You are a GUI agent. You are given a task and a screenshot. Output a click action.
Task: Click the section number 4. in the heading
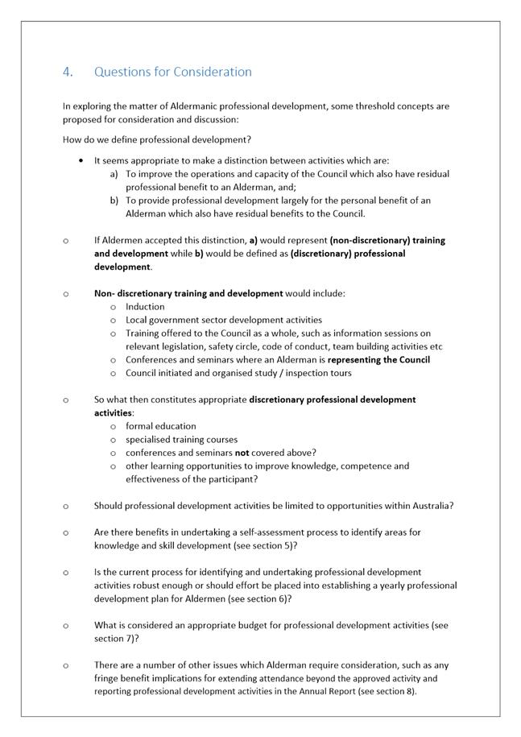[68, 72]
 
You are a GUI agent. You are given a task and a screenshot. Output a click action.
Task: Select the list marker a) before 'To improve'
[114, 174]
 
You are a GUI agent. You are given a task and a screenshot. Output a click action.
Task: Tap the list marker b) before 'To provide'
[114, 201]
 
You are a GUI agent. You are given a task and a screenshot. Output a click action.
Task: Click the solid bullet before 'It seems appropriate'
[81, 160]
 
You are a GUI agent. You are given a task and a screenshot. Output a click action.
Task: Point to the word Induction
[145, 307]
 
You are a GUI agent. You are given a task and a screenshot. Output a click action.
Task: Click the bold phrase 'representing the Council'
[378, 360]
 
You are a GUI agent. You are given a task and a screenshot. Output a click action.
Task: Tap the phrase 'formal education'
[160, 426]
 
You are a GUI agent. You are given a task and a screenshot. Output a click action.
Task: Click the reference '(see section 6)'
[261, 599]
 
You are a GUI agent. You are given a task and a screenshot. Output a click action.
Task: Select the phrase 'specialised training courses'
[181, 440]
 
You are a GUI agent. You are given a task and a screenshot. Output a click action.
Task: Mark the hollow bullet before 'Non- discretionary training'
[65, 294]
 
